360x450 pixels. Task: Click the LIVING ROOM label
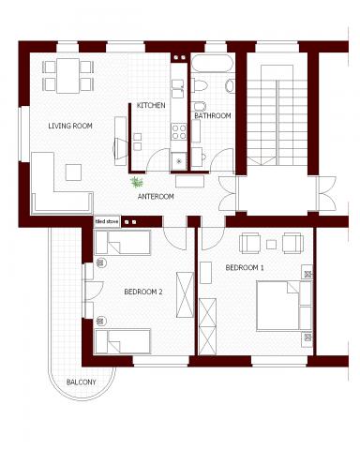pos(70,126)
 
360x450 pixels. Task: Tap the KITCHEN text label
pos(151,105)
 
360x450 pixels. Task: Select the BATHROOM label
pos(213,115)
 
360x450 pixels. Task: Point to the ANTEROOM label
pos(156,196)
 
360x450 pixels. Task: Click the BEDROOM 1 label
pos(245,267)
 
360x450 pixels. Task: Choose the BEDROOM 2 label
pos(143,292)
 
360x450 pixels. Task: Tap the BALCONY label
pos(82,382)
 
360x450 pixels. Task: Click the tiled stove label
pos(107,221)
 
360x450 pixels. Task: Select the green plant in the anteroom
pos(137,182)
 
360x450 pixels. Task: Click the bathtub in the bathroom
pos(212,63)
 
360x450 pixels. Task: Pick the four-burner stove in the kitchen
pos(179,131)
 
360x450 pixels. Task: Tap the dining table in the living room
pos(67,76)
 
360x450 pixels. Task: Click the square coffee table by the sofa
pos(73,172)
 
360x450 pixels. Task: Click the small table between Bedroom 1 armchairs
pos(271,245)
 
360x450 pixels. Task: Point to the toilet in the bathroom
pos(200,85)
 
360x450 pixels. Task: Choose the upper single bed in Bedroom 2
pos(123,242)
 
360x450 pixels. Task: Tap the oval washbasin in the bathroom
pos(230,86)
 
